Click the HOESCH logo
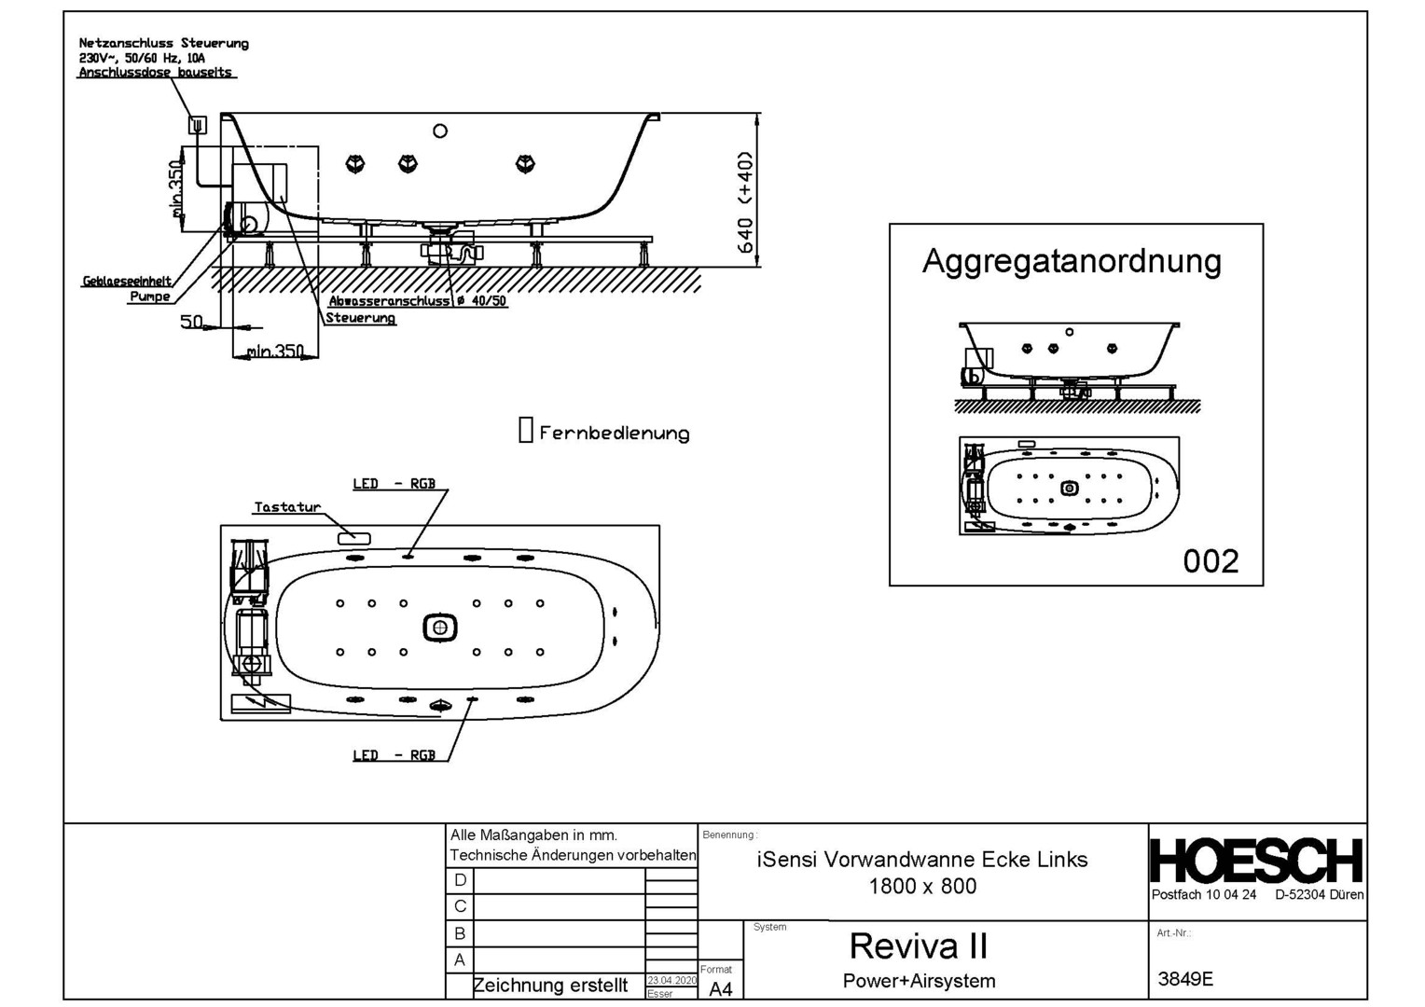click(x=1256, y=861)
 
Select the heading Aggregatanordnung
click(x=1072, y=261)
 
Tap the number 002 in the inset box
click(x=1211, y=561)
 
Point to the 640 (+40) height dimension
click(x=745, y=202)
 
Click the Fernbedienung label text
click(x=615, y=434)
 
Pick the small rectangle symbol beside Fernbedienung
click(x=526, y=430)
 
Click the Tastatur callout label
click(x=287, y=507)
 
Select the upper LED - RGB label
click(x=394, y=484)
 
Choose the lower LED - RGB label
click(x=394, y=755)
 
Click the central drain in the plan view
click(x=440, y=628)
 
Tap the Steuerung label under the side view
click(x=360, y=318)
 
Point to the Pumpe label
click(x=149, y=297)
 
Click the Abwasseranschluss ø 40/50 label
click(x=418, y=301)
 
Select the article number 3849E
click(x=1185, y=979)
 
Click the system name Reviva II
click(x=918, y=946)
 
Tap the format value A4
click(x=721, y=989)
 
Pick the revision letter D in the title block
click(x=460, y=880)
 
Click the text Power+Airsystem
click(x=919, y=981)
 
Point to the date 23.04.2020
click(x=671, y=981)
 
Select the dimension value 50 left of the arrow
click(x=191, y=323)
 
